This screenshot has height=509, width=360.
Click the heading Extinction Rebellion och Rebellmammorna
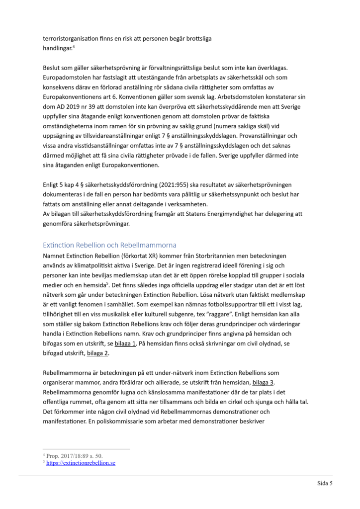[x=110, y=245]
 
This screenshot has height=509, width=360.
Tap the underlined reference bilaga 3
[x=263, y=382]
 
